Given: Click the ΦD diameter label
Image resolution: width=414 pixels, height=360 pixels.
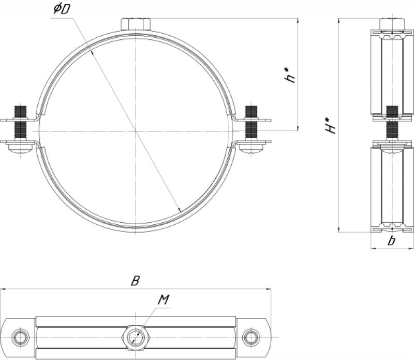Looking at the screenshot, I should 62,9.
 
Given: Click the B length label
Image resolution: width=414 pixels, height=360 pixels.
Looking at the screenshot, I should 135,281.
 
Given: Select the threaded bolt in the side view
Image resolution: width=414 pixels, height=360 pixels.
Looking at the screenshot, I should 392,123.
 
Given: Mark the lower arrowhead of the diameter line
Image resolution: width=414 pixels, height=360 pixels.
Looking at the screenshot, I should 180,210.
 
